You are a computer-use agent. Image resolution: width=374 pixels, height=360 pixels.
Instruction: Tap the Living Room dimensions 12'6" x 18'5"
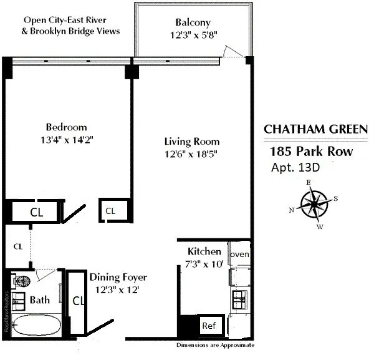191,153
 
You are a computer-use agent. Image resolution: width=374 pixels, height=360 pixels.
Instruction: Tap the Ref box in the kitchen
209,326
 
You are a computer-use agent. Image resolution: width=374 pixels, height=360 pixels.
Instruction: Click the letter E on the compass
308,182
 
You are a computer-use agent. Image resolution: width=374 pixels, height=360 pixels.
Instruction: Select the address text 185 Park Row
312,152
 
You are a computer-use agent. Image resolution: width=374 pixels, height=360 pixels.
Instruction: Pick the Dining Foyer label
118,277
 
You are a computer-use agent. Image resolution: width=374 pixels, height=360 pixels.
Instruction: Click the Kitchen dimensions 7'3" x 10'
204,264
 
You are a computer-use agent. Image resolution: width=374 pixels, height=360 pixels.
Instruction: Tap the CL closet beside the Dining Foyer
78,301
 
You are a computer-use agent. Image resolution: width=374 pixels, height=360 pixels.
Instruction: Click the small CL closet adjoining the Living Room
110,211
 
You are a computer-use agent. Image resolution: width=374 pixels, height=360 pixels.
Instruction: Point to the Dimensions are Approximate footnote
215,345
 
